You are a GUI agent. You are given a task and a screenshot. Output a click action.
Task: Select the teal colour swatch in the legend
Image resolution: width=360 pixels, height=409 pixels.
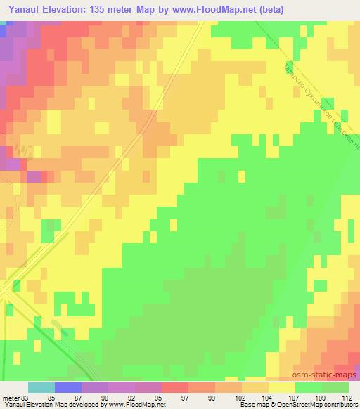coord(41,387)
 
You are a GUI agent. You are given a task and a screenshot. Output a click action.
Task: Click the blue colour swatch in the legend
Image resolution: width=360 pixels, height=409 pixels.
coord(68,387)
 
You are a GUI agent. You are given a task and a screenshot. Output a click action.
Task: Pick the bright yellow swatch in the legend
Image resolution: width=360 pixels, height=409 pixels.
coord(282,387)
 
